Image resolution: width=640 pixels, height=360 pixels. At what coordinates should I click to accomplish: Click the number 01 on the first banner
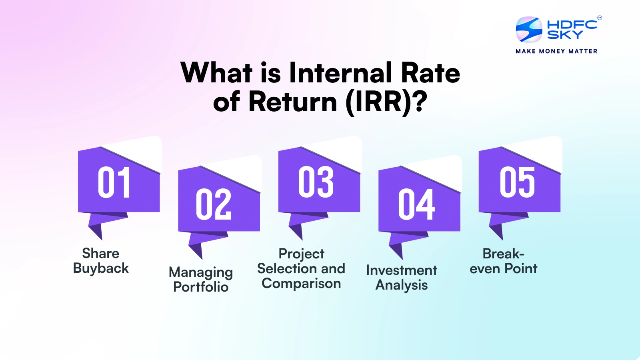pyautogui.click(x=114, y=182)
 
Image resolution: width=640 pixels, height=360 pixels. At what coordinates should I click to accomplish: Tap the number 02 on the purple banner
pyautogui.click(x=214, y=204)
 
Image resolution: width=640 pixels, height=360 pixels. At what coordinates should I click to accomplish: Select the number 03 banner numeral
pyautogui.click(x=316, y=182)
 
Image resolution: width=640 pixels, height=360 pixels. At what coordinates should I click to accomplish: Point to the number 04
pyautogui.click(x=416, y=204)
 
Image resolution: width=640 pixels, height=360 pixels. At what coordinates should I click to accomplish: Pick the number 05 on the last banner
pyautogui.click(x=517, y=182)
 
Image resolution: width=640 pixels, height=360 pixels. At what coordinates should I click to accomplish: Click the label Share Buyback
pyautogui.click(x=101, y=261)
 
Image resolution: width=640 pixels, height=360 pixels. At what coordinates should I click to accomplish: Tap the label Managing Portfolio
pyautogui.click(x=201, y=279)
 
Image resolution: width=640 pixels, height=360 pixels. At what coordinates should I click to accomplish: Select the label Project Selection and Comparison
pyautogui.click(x=301, y=268)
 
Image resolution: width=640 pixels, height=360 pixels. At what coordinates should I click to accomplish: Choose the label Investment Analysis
pyautogui.click(x=402, y=277)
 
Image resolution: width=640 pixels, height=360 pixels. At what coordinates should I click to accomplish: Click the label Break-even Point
pyautogui.click(x=503, y=261)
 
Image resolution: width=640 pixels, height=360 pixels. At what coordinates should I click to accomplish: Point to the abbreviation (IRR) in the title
pyautogui.click(x=386, y=102)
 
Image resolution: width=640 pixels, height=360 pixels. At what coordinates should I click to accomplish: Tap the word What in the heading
pyautogui.click(x=216, y=73)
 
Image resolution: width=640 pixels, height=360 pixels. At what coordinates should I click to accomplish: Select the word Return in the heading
pyautogui.click(x=293, y=102)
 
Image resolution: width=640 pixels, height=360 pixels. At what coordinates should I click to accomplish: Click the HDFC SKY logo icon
pyautogui.click(x=529, y=29)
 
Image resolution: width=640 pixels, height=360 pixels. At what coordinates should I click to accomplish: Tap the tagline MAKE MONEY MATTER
pyautogui.click(x=556, y=51)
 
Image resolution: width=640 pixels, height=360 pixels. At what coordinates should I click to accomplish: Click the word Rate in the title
pyautogui.click(x=430, y=73)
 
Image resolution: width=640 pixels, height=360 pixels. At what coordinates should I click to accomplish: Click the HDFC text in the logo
pyautogui.click(x=572, y=24)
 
